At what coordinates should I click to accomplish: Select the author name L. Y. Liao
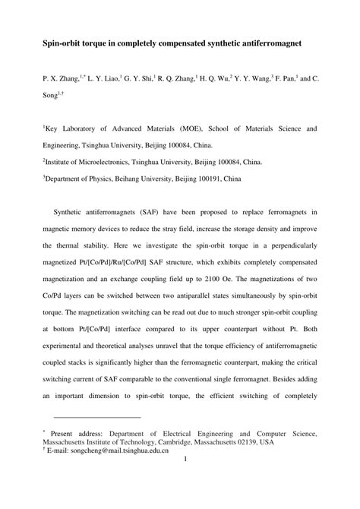click(104, 77)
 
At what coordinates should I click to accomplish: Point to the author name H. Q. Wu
click(225, 77)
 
